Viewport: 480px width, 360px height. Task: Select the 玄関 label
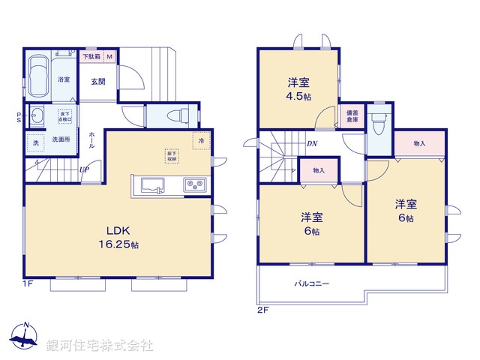(98, 81)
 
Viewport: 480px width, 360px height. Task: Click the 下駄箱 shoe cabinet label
(91, 56)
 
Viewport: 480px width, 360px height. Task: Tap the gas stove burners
(194, 184)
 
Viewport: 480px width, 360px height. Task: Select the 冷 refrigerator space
(201, 140)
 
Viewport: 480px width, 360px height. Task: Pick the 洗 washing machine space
(34, 142)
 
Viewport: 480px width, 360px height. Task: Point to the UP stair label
(85, 169)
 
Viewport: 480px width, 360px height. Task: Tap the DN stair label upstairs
(310, 144)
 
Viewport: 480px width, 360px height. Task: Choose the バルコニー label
(311, 284)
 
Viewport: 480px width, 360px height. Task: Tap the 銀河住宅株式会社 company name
(100, 346)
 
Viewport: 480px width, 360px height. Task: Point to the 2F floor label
(262, 309)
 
